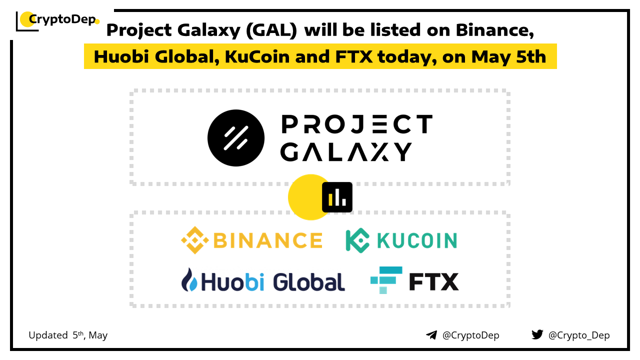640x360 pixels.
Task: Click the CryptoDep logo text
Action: point(62,19)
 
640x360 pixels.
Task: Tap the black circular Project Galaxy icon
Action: point(236,138)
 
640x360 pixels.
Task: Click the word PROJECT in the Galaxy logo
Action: point(357,124)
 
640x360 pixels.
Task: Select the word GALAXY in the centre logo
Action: point(346,151)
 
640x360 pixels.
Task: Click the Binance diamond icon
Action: point(195,240)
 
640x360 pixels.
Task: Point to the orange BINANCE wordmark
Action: point(268,240)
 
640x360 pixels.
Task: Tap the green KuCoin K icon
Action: point(357,240)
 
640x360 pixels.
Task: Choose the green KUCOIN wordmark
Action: point(417,240)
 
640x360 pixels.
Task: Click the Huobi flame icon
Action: point(189,279)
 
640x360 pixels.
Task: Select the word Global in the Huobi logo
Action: point(309,281)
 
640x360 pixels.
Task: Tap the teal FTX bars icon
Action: point(386,280)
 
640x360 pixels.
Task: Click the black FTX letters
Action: point(433,281)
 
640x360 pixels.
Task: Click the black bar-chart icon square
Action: point(337,197)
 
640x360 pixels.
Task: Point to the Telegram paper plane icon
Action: point(431,335)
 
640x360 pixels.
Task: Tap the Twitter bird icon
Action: point(537,334)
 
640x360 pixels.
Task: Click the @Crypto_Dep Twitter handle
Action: point(579,335)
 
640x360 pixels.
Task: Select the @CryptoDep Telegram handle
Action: point(470,335)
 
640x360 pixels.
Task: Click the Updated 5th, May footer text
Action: point(68,335)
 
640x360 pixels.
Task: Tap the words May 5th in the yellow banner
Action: point(508,57)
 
